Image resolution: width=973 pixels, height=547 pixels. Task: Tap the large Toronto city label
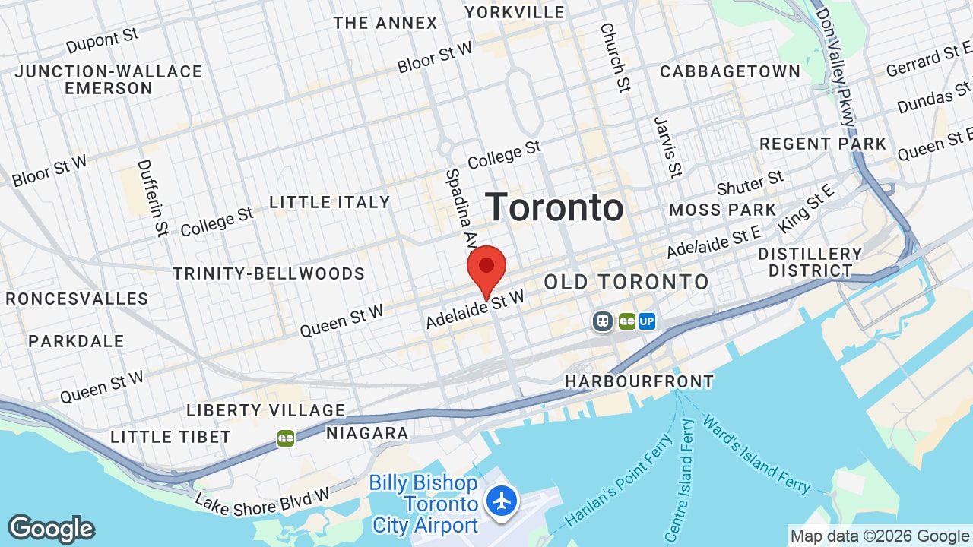(x=555, y=207)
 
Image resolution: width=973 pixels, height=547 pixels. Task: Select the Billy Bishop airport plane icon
(x=502, y=501)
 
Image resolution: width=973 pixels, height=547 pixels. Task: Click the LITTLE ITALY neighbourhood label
(x=329, y=202)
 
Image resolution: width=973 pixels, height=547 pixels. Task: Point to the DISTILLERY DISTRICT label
(x=810, y=262)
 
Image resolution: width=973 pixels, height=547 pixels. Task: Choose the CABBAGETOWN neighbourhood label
(x=730, y=72)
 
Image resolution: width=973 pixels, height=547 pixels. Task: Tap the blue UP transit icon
(x=647, y=321)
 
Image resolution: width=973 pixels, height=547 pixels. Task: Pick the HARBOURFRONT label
(x=639, y=381)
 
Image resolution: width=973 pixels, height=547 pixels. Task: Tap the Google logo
(x=51, y=530)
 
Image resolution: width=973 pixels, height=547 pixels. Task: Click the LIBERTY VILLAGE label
(x=266, y=411)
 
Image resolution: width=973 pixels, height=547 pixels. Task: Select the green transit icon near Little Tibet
(x=286, y=438)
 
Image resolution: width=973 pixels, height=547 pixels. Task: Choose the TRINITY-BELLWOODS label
(x=269, y=273)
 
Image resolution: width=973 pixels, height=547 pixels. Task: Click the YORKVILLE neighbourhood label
(x=515, y=12)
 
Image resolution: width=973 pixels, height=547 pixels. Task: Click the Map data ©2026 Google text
(x=880, y=536)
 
